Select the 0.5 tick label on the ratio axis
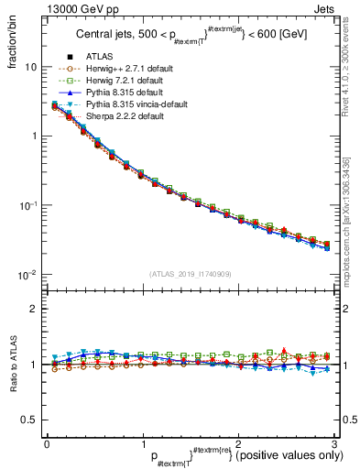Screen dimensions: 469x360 point(29,420)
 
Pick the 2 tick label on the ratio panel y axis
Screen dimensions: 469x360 point(34,310)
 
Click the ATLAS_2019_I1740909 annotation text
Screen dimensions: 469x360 point(190,274)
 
